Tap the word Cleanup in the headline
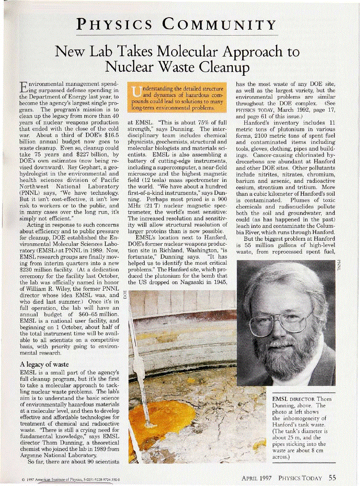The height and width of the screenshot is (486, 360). click(224, 66)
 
